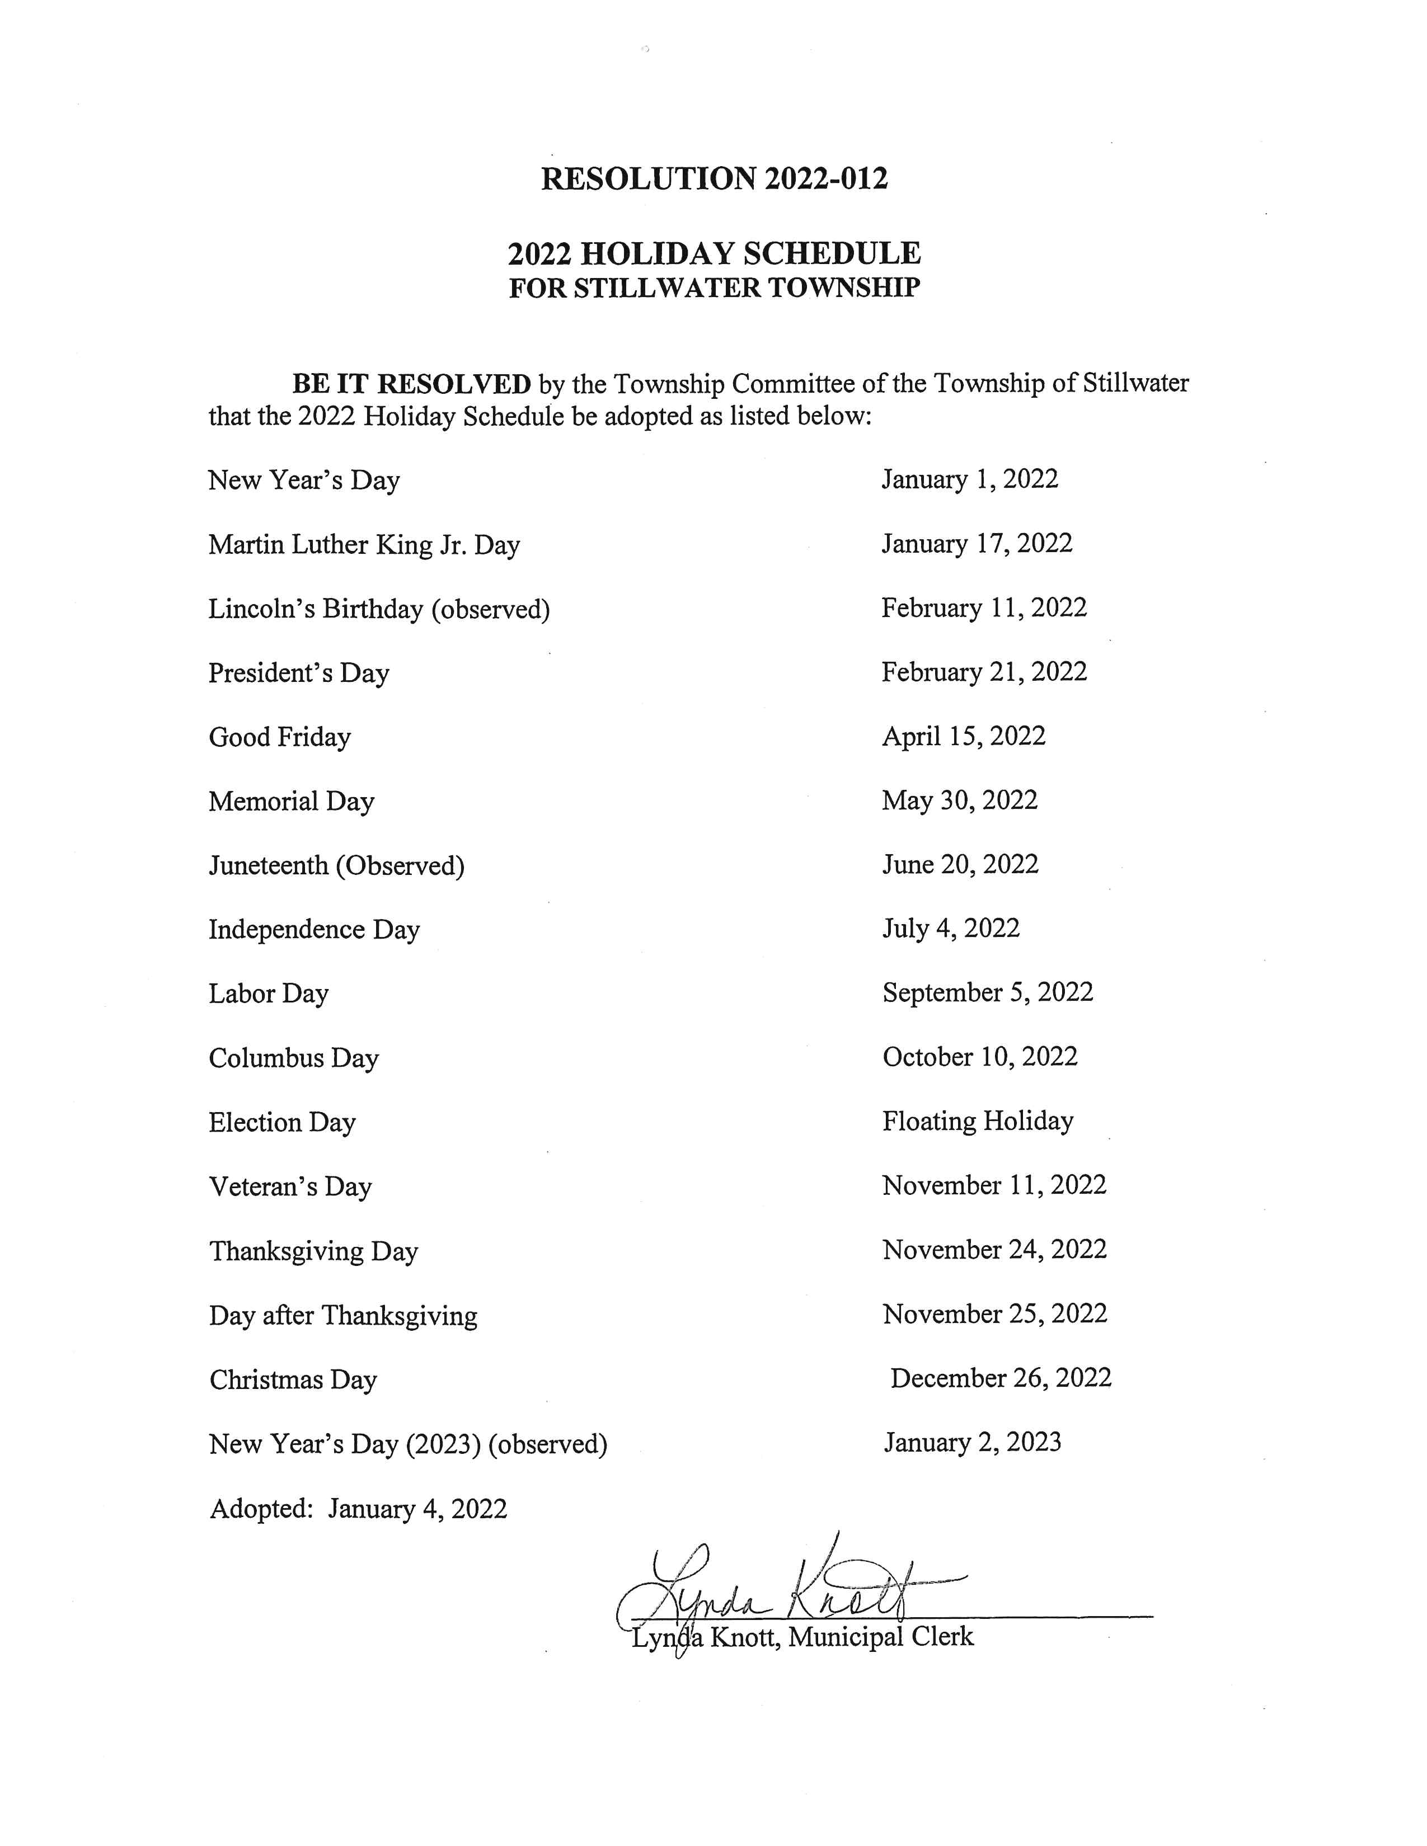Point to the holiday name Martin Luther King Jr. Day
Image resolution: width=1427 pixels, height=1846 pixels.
pos(364,544)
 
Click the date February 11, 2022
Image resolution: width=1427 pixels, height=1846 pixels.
pos(984,608)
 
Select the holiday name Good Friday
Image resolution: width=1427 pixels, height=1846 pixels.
pos(280,737)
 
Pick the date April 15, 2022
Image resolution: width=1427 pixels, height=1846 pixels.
pos(964,736)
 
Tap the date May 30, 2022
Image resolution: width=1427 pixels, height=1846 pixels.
pos(960,800)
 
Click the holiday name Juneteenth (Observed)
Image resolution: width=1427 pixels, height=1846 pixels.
pos(336,865)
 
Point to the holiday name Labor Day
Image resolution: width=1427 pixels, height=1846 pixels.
pos(269,993)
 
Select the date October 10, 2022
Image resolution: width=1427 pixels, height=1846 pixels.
pos(980,1057)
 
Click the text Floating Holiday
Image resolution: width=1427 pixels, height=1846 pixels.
pos(978,1121)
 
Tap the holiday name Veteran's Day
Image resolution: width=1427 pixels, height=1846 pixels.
pos(291,1186)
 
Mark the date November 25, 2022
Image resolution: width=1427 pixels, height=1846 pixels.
pos(995,1313)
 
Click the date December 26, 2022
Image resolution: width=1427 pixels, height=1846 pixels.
pos(1001,1378)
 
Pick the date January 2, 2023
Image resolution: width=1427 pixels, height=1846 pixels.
pos(972,1442)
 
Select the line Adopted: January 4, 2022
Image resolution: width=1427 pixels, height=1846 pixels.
pos(359,1509)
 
